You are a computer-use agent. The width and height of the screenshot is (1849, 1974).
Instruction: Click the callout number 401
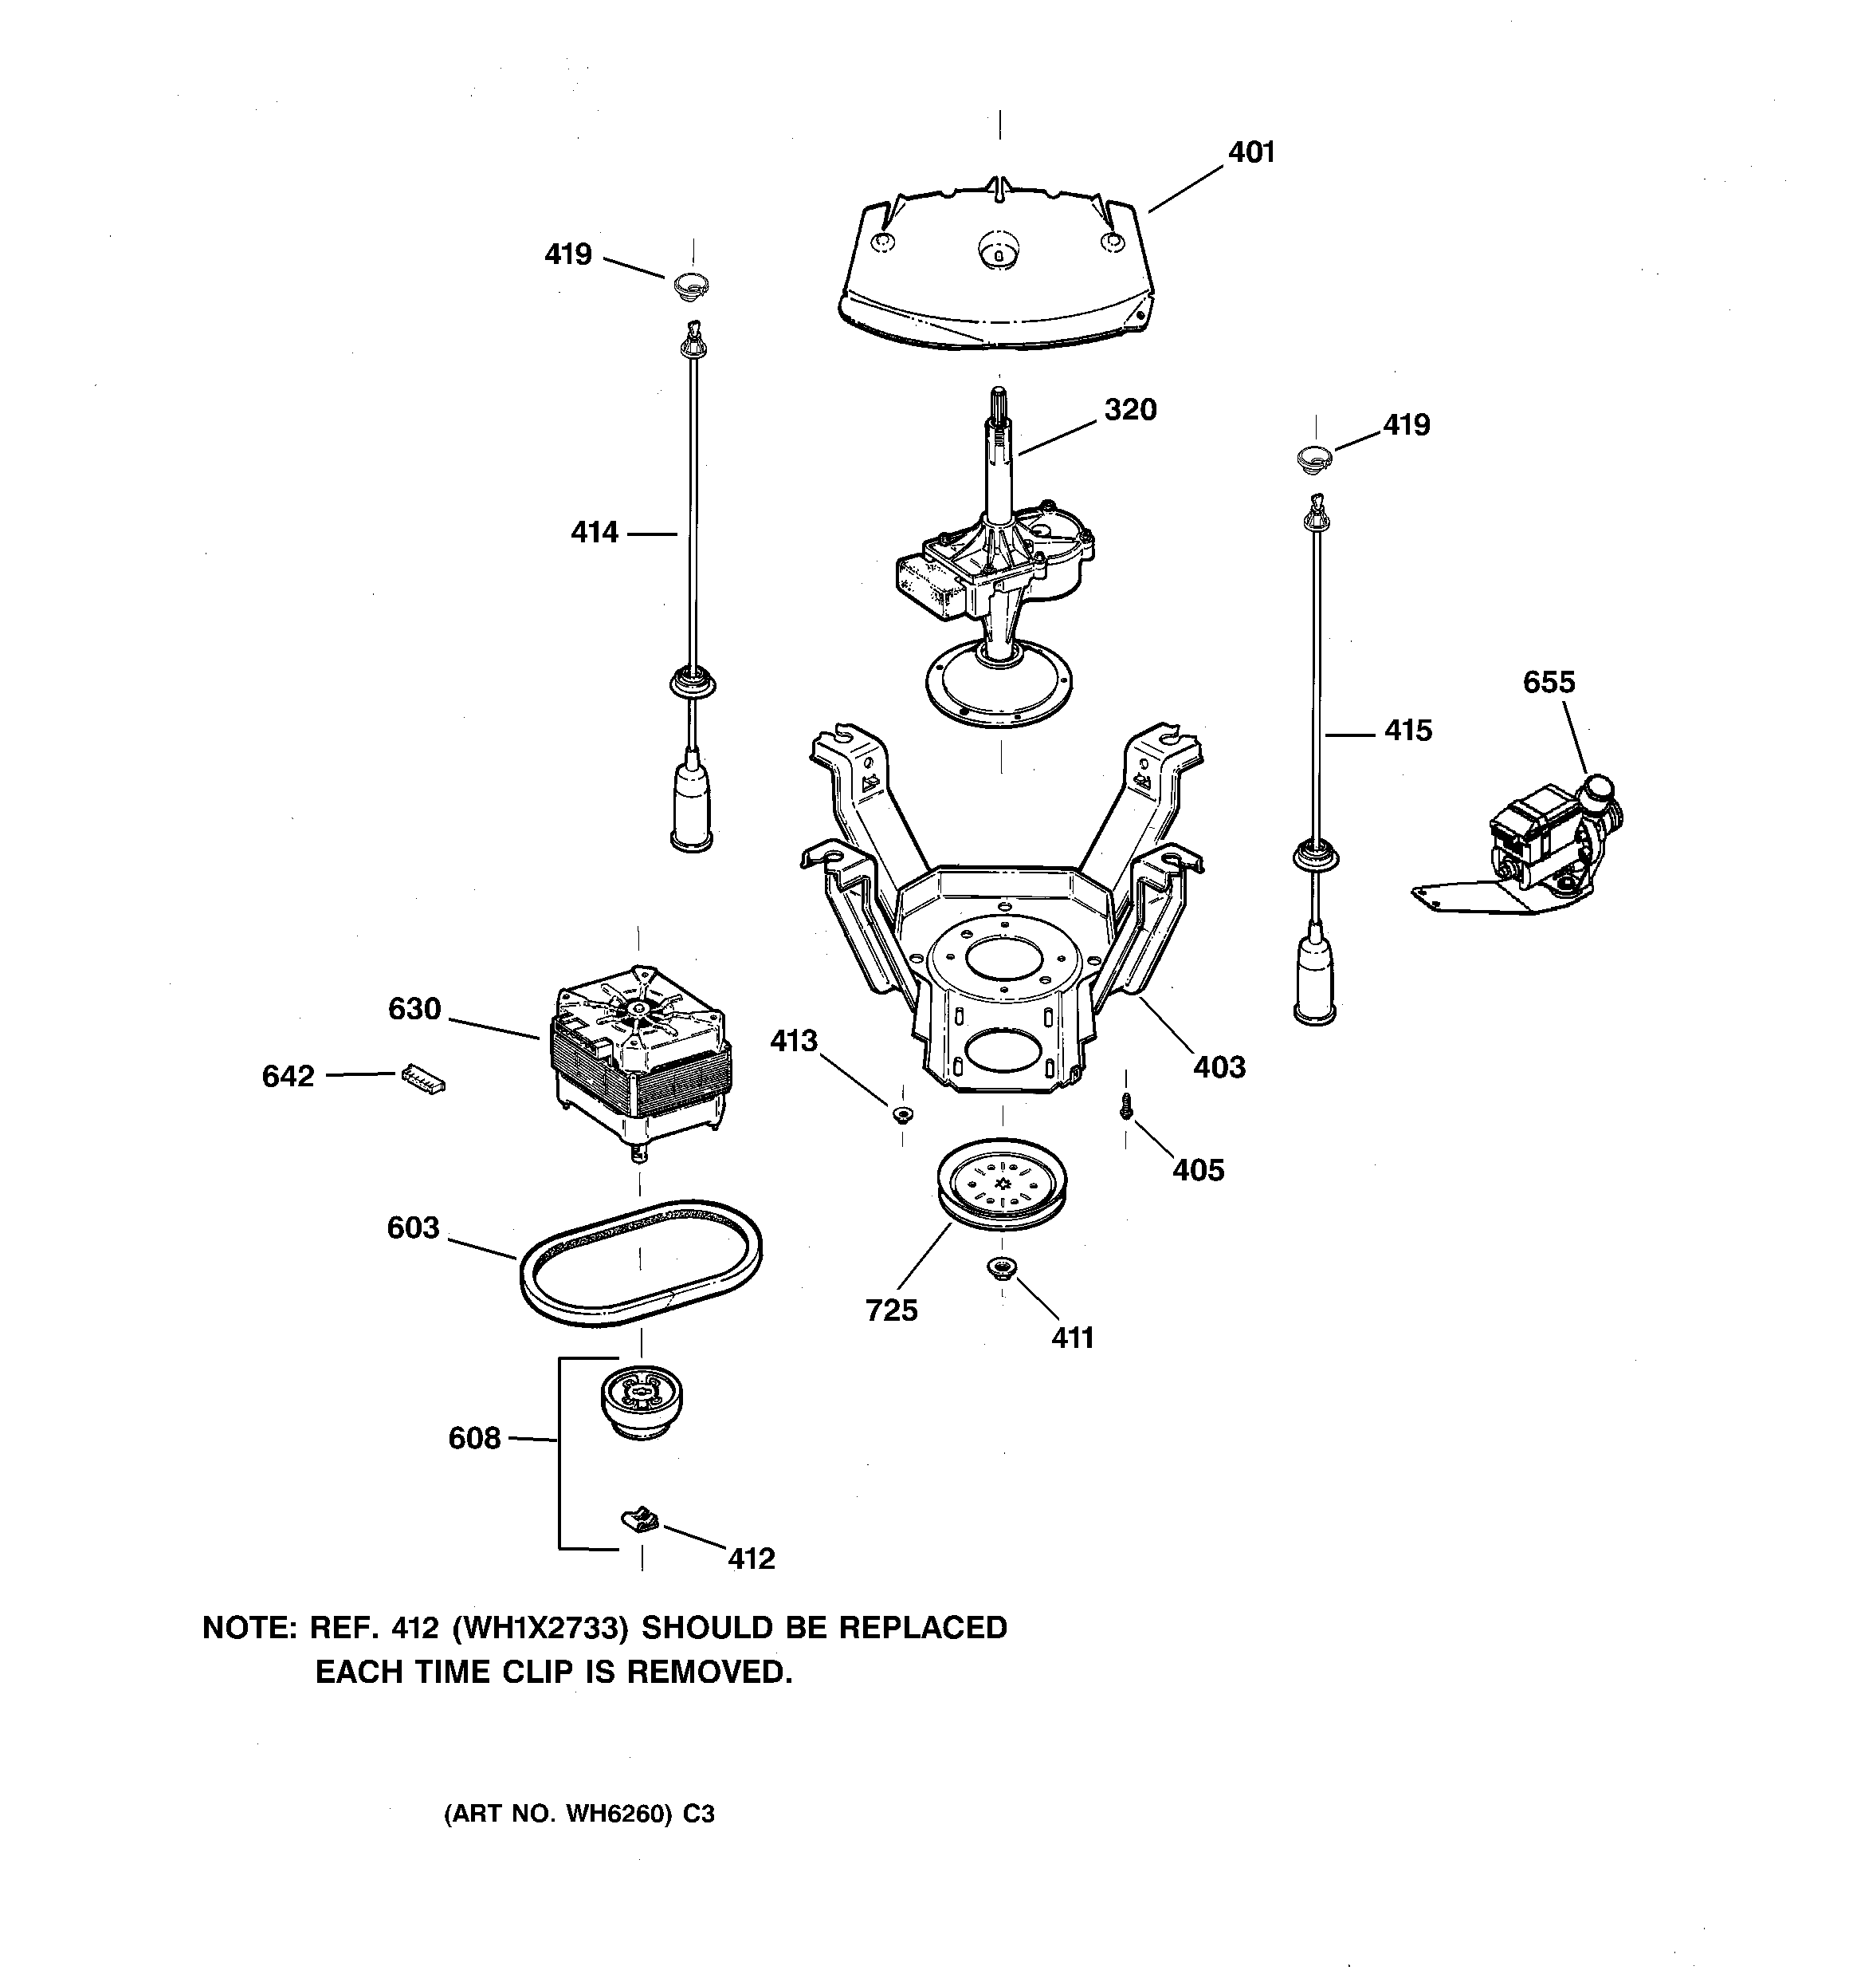pyautogui.click(x=1250, y=153)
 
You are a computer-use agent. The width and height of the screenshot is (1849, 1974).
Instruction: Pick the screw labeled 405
pyautogui.click(x=1125, y=1105)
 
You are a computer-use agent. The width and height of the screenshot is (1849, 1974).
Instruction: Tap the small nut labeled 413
pyautogui.click(x=902, y=1115)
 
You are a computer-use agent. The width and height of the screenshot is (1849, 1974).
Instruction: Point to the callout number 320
pyautogui.click(x=1130, y=410)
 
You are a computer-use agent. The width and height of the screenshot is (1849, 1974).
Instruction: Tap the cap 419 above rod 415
pyautogui.click(x=1315, y=458)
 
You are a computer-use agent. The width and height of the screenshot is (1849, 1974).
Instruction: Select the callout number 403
pyautogui.click(x=1219, y=1067)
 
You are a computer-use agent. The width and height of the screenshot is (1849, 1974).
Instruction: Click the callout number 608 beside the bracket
pyautogui.click(x=474, y=1439)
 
